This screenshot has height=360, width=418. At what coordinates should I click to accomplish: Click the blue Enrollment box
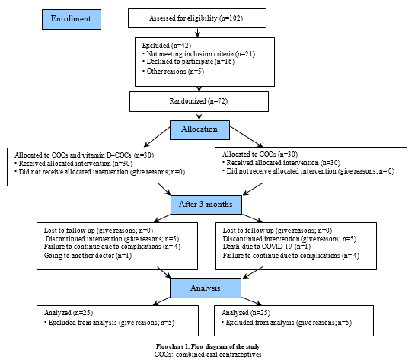pyautogui.click(x=72, y=19)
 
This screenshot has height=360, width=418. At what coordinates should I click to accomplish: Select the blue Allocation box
pyautogui.click(x=199, y=130)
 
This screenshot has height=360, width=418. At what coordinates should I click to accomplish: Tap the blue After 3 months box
pyautogui.click(x=206, y=205)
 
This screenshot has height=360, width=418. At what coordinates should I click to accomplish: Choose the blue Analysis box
pyautogui.click(x=206, y=288)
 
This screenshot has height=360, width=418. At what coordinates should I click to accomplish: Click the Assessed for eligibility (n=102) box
pyautogui.click(x=197, y=18)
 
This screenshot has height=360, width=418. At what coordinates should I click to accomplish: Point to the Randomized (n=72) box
pyautogui.click(x=199, y=101)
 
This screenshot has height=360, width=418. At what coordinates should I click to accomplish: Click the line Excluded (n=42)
pyautogui.click(x=166, y=46)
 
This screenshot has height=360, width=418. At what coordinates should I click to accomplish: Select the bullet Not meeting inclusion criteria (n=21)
pyautogui.click(x=199, y=54)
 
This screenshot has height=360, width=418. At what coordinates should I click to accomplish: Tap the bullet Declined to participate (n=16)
pyautogui.click(x=188, y=62)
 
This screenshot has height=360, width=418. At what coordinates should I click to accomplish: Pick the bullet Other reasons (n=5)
pyautogui.click(x=173, y=72)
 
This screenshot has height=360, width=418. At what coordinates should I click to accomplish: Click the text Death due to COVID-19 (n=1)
pyautogui.click(x=266, y=247)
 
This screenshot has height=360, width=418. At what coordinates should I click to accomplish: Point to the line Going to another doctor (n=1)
pyautogui.click(x=88, y=256)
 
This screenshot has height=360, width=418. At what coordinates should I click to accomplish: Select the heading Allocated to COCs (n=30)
pyautogui.click(x=260, y=155)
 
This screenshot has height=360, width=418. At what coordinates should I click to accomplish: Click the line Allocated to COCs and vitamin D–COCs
pyautogui.click(x=73, y=155)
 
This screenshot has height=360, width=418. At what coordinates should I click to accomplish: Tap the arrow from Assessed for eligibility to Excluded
pyautogui.click(x=197, y=33)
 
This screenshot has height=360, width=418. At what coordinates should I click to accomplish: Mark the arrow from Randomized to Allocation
pyautogui.click(x=199, y=116)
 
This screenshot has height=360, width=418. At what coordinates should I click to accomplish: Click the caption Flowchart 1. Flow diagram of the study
pyautogui.click(x=208, y=346)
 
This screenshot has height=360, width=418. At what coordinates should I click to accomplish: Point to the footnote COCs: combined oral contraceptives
pyautogui.click(x=208, y=355)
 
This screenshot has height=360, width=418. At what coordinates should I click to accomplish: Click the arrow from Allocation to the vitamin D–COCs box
pyautogui.click(x=157, y=137)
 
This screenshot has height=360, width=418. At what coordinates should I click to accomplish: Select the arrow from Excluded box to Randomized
pyautogui.click(x=199, y=88)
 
